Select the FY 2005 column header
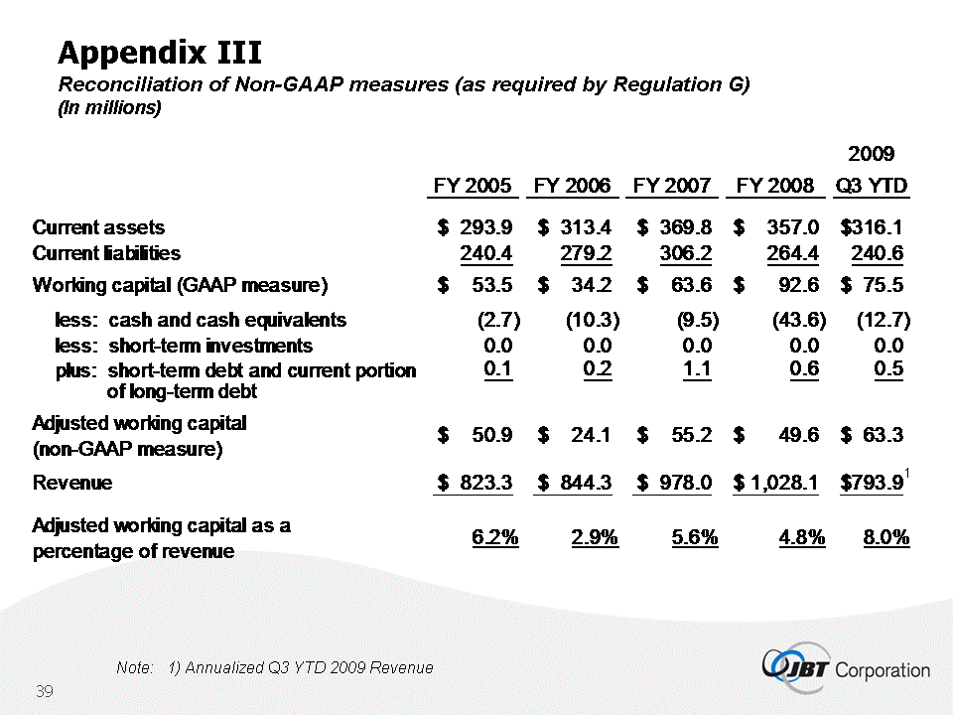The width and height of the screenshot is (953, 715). (x=473, y=186)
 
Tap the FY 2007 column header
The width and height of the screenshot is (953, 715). (x=672, y=186)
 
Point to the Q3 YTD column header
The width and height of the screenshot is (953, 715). (x=872, y=186)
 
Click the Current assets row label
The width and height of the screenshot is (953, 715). (x=98, y=228)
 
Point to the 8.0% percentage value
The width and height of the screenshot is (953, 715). (x=885, y=537)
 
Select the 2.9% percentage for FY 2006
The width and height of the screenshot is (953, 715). (x=595, y=537)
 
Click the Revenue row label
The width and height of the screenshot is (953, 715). (x=72, y=483)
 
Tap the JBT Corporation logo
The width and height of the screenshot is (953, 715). (x=846, y=667)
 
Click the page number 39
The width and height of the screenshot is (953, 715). (x=44, y=690)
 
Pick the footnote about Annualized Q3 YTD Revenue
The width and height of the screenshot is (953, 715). (x=274, y=667)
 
